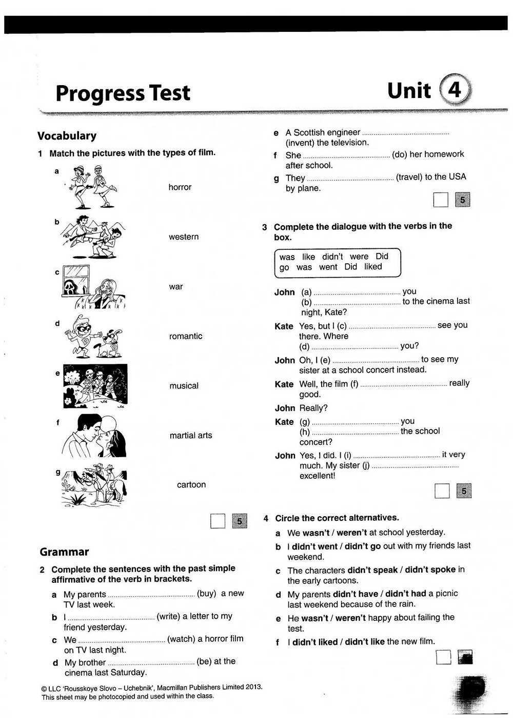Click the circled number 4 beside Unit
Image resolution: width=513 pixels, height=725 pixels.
455,90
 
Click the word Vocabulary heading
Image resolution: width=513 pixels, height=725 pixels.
67,136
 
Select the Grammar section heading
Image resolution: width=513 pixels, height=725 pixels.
64,552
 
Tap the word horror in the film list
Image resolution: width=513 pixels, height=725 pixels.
180,187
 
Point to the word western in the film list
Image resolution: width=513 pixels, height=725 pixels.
184,237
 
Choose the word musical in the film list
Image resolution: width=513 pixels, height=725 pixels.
184,386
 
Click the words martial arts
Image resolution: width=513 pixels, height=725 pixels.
190,436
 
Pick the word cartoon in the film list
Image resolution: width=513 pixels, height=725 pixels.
191,485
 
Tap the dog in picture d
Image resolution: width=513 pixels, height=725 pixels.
111,341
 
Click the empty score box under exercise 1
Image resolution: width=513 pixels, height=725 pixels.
218,521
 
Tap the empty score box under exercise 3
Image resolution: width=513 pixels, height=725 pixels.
442,492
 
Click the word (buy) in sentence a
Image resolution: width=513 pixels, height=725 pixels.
207,594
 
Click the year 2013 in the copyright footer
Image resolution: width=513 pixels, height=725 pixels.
253,687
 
